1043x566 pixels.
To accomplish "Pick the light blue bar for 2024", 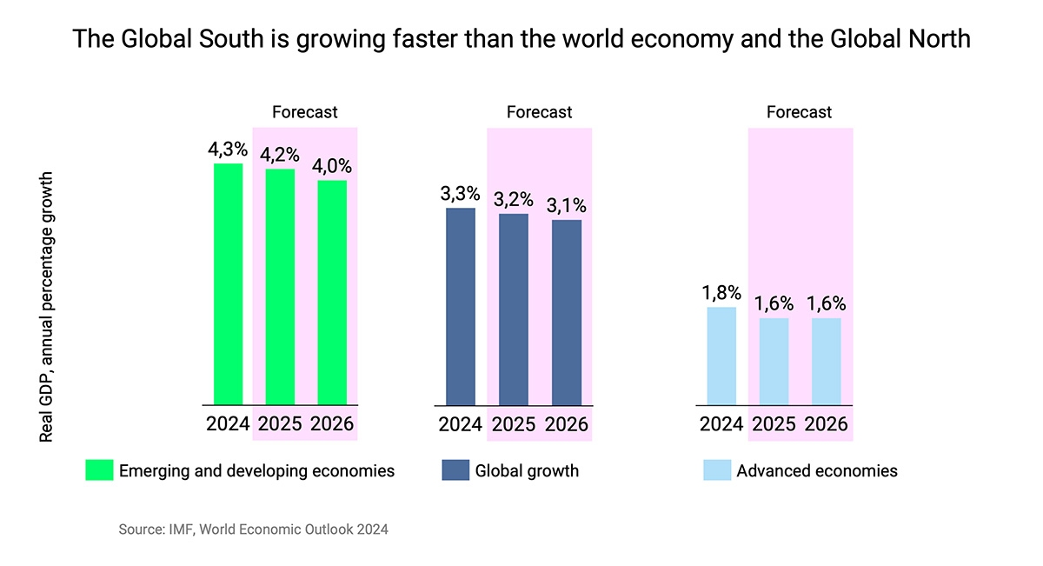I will (x=721, y=356).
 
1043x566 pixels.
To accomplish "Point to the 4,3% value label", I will (x=227, y=150).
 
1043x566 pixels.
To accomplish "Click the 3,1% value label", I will (x=567, y=206).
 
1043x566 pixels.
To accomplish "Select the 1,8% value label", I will (x=721, y=293).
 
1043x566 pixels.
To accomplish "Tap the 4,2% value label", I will (x=279, y=155).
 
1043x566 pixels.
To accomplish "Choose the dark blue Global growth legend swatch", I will (x=455, y=470).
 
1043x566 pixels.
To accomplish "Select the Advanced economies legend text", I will (x=816, y=471).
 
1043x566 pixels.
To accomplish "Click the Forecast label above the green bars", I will (x=304, y=112).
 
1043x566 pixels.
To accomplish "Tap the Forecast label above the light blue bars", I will (x=799, y=112).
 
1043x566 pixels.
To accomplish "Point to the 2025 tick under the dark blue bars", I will (x=514, y=425).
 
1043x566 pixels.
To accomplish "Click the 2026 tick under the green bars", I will (x=332, y=425).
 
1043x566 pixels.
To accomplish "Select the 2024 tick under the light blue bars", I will (x=721, y=425).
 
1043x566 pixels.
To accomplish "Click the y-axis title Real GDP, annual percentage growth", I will (x=47, y=307).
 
